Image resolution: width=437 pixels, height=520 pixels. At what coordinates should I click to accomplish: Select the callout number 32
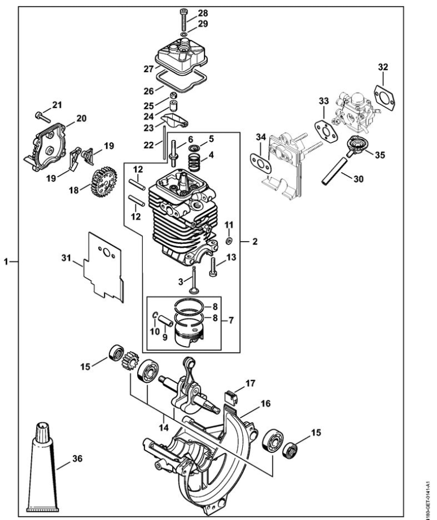tap(383, 67)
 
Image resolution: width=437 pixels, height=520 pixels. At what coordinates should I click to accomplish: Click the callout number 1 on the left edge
tap(7, 261)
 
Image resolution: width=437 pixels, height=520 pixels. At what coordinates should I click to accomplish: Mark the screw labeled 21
tap(40, 116)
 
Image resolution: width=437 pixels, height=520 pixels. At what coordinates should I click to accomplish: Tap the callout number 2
tap(255, 241)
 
